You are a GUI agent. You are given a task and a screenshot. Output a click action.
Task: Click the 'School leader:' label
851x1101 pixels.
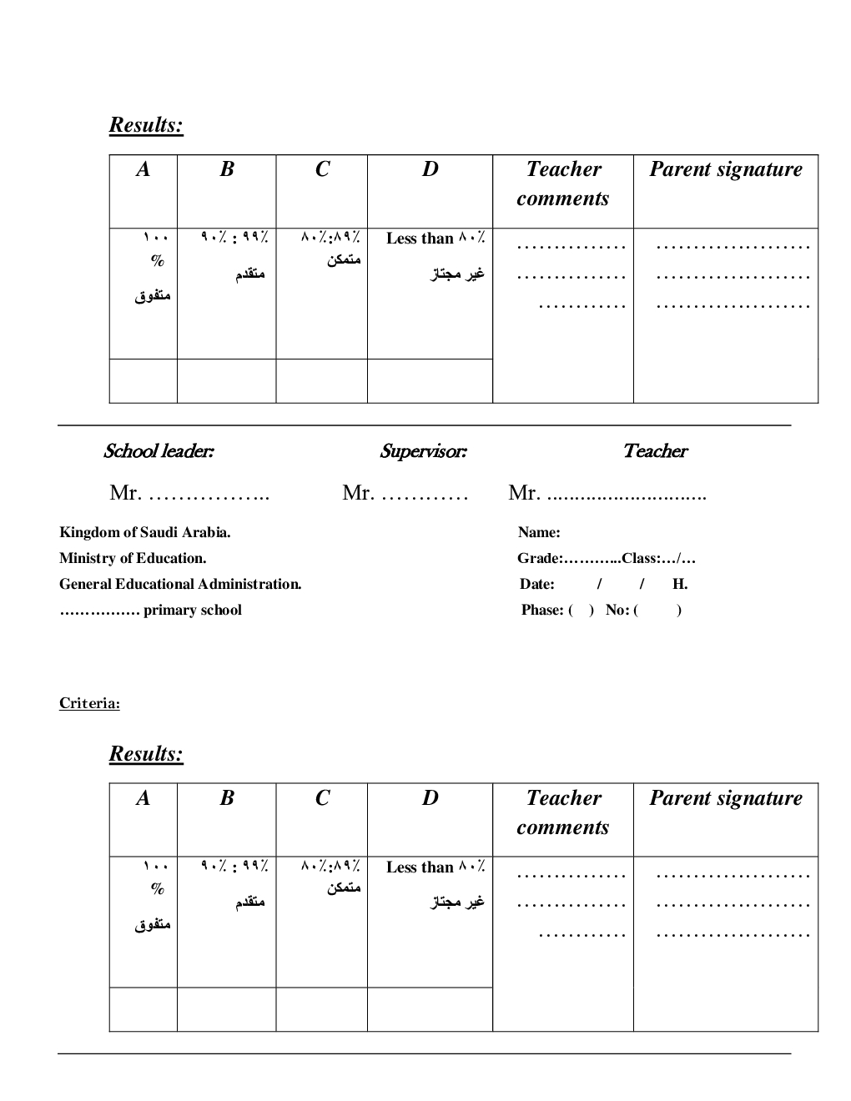click(159, 451)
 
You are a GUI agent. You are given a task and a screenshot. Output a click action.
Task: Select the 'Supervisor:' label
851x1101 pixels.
click(423, 451)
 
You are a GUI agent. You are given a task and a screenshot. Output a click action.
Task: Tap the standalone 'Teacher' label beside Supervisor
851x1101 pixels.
click(655, 451)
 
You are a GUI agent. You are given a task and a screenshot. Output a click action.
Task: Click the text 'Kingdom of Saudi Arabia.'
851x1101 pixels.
click(144, 532)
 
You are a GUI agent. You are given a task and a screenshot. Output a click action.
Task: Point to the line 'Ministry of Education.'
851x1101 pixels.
click(133, 558)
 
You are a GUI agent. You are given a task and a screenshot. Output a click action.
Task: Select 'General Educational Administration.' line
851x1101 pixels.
click(180, 584)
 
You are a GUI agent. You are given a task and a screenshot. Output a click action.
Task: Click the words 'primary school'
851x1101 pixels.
click(193, 610)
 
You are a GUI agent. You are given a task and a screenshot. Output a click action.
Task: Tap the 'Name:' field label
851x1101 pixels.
click(539, 532)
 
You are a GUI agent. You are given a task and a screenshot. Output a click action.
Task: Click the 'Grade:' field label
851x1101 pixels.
click(540, 558)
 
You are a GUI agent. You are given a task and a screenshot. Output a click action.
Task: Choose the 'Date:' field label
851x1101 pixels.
click(537, 584)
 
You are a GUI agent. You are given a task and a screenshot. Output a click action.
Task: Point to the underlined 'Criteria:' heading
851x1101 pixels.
click(89, 703)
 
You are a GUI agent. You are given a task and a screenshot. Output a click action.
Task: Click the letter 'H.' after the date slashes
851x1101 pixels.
click(680, 584)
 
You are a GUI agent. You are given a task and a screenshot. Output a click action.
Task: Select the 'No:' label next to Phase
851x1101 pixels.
click(617, 610)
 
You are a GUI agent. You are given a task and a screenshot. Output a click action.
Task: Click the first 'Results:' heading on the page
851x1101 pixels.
click(146, 125)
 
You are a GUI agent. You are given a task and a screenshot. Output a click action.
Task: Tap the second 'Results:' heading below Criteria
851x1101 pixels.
click(146, 754)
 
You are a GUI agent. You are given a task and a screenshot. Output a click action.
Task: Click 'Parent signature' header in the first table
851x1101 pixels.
click(726, 169)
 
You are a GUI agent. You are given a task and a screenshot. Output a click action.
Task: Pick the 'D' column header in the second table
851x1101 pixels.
click(430, 798)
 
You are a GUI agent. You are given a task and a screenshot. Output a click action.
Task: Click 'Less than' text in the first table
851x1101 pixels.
click(420, 239)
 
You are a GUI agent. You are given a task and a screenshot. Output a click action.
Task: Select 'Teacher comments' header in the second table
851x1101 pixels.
click(563, 812)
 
